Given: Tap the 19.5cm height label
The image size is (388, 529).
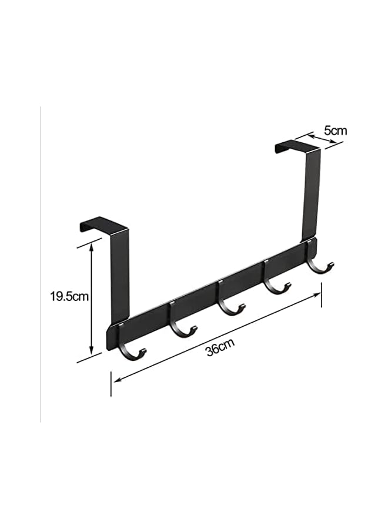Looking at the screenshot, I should click(x=69, y=296).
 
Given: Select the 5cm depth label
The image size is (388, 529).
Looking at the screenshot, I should click(x=335, y=130).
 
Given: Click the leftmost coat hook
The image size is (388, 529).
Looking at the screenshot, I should click(x=131, y=350).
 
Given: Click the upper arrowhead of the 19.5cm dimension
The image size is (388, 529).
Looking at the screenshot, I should click(x=91, y=248).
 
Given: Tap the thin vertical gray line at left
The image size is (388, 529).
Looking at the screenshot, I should click(x=41, y=264).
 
